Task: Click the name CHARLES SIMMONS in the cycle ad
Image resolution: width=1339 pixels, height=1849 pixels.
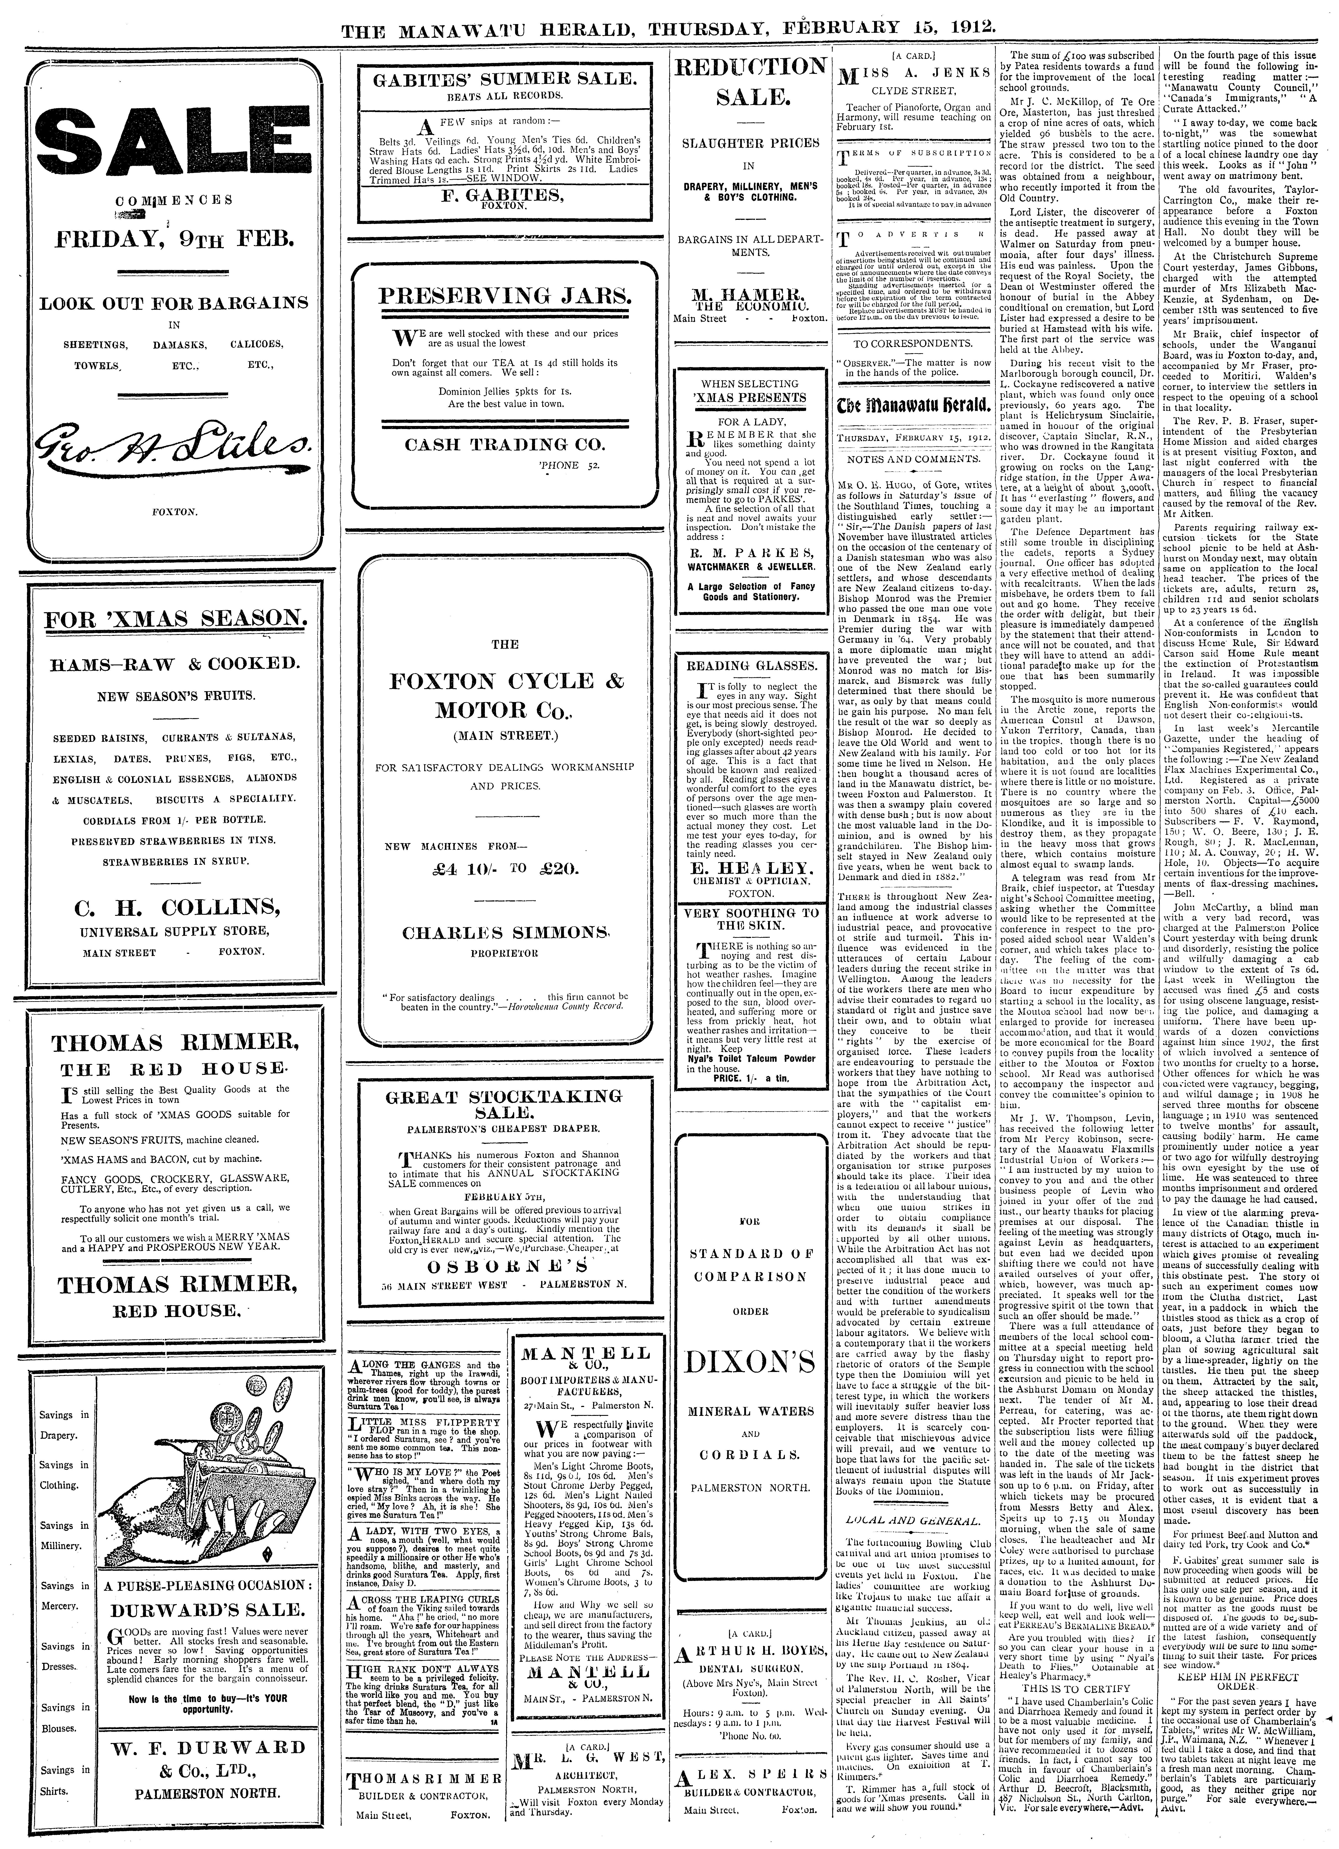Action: click(505, 932)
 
